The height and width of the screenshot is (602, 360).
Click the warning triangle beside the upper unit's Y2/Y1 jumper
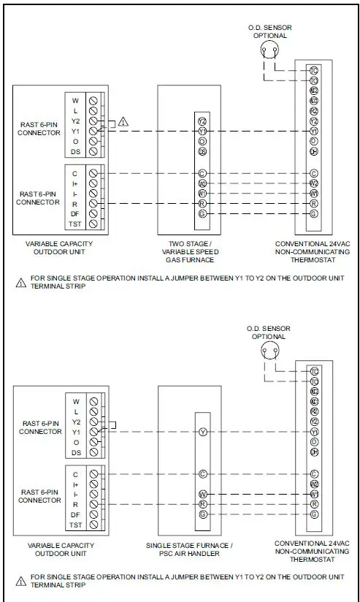[123, 121]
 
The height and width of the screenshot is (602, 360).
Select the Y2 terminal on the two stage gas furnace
[202, 121]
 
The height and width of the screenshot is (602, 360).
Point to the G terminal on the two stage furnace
[202, 213]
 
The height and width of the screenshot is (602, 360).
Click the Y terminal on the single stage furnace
[202, 433]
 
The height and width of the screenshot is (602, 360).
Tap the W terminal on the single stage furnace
[202, 494]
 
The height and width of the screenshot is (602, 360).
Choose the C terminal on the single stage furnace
[202, 473]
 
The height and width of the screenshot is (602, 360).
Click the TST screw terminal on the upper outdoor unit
[93, 224]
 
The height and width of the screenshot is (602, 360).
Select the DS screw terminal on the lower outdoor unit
[93, 453]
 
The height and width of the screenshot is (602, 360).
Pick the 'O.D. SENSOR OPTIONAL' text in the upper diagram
[270, 31]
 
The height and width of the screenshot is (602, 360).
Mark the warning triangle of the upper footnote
[20, 282]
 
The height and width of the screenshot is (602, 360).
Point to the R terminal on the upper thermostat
[313, 204]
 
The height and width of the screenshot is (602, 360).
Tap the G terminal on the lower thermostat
[313, 514]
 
